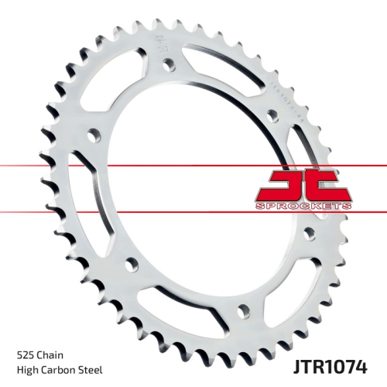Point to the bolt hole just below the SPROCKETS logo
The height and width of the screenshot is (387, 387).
click(308, 231)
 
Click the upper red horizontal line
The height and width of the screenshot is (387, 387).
click(193, 165)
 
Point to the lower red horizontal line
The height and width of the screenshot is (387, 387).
click(193, 212)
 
